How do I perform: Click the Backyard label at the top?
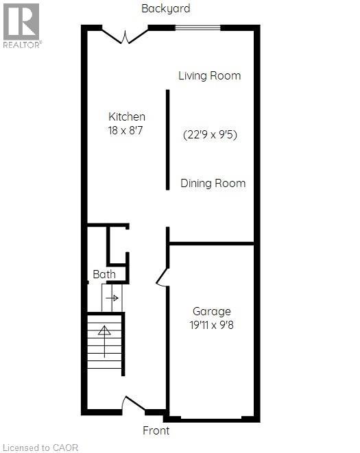pos(165,9)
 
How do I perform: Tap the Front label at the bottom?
pos(156,431)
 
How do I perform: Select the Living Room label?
pos(209,75)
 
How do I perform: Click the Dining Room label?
pos(213,183)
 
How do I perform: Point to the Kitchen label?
pos(127,117)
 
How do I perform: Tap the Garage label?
pos(211,311)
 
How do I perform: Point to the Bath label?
pos(104,275)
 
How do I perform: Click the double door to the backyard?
pos(125,34)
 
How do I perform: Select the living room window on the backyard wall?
pos(197,27)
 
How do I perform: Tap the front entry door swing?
pos(132,406)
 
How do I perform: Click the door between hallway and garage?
pos(163,276)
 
